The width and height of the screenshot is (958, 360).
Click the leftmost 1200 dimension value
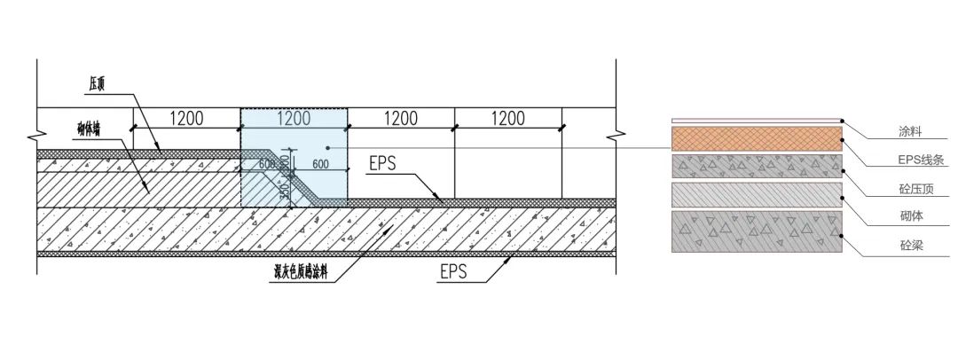tap(187, 118)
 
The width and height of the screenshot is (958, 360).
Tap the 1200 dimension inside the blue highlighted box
tap(294, 118)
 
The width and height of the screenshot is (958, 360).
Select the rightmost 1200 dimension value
tap(507, 118)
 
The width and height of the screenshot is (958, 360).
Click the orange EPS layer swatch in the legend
tap(757, 139)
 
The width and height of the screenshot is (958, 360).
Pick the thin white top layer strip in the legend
tap(757, 121)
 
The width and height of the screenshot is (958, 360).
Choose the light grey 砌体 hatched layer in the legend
tap(757, 195)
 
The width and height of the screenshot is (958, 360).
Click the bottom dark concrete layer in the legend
tap(757, 231)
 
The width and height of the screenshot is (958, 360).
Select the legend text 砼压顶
tap(914, 189)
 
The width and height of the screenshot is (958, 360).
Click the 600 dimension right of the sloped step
tap(321, 164)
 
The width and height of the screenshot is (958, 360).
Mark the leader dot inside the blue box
tap(327, 147)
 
